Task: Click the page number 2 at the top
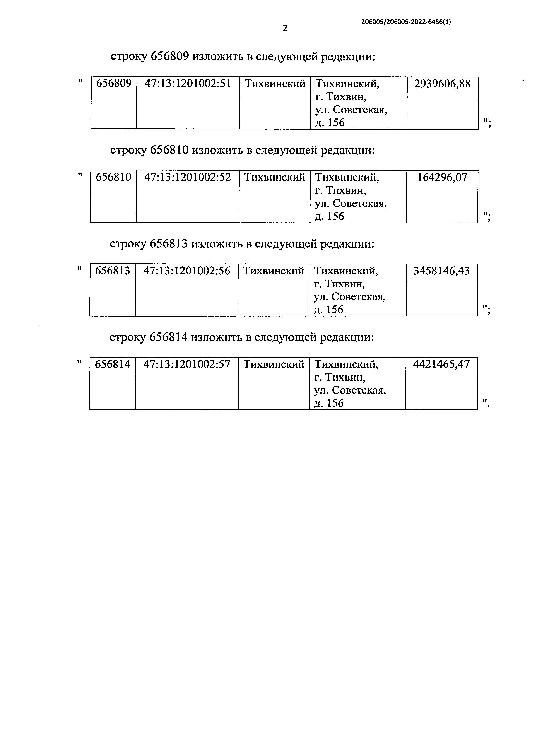[x=285, y=28]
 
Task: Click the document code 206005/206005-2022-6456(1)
[x=406, y=22]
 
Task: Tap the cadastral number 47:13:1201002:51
[x=188, y=84]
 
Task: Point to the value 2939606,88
[x=442, y=84]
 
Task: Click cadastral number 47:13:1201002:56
[x=187, y=271]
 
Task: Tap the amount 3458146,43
[x=441, y=271]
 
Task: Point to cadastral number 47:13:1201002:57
[x=187, y=364]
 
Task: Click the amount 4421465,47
[x=441, y=364]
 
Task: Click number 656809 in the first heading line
[x=170, y=57]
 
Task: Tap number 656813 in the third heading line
[x=169, y=244]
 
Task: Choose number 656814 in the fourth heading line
[x=168, y=337]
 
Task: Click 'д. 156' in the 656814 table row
[x=329, y=403]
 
